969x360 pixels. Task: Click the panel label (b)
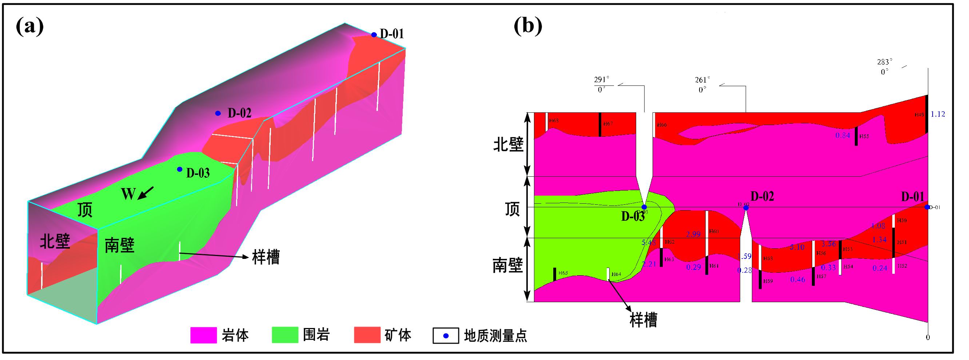tap(528, 25)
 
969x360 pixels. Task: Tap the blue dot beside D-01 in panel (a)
tap(374, 35)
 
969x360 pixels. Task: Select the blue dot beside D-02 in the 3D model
tap(218, 113)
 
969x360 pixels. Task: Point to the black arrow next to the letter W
tap(146, 193)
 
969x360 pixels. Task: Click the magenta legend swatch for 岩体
tap(203, 335)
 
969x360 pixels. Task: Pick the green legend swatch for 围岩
tap(285, 335)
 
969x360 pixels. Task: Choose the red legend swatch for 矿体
tap(367, 335)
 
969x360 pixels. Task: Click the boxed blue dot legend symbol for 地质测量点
tap(446, 336)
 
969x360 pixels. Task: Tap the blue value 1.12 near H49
tap(938, 114)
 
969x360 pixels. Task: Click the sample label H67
tap(608, 124)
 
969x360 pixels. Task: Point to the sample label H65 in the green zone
tap(563, 273)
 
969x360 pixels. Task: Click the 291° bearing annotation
tap(602, 80)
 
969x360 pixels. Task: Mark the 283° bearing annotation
tap(885, 62)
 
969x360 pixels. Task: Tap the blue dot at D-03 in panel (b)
tap(644, 207)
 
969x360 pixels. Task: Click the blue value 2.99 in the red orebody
tap(693, 234)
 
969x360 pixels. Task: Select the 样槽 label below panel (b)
tap(643, 320)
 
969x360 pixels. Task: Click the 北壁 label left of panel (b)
tap(508, 144)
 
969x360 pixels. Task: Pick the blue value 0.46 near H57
tap(797, 280)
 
